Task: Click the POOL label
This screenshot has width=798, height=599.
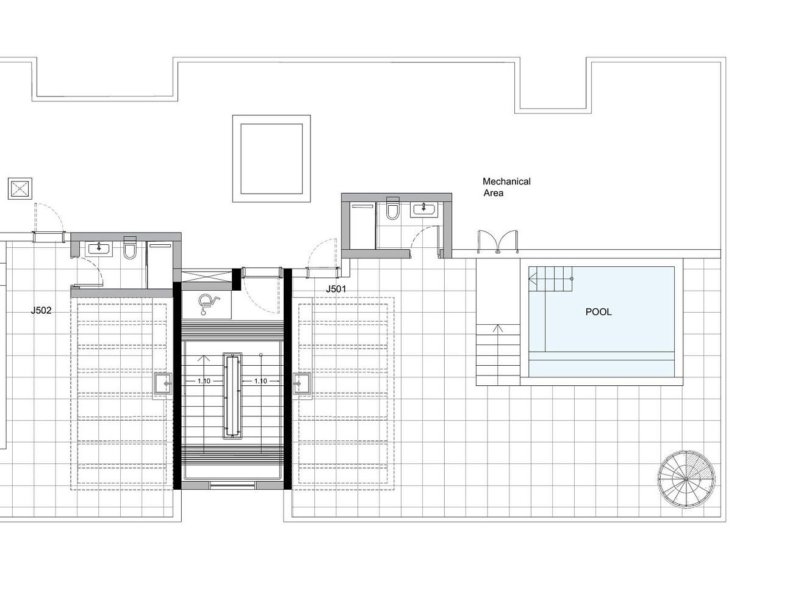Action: pyautogui.click(x=598, y=311)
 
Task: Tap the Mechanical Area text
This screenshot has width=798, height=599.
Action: pyautogui.click(x=506, y=187)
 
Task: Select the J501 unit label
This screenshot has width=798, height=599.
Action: pyautogui.click(x=336, y=289)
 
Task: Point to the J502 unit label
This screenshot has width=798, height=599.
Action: pyautogui.click(x=41, y=310)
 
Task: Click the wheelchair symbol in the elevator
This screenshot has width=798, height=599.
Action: pyautogui.click(x=207, y=305)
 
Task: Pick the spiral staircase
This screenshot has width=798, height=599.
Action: pyautogui.click(x=686, y=479)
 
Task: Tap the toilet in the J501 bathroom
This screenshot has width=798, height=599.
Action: pyautogui.click(x=392, y=209)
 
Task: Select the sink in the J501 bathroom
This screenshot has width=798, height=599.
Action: pyautogui.click(x=423, y=210)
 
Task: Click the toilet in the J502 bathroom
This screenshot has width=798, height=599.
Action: pyautogui.click(x=130, y=248)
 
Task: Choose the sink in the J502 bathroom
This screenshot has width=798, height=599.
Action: pyautogui.click(x=98, y=249)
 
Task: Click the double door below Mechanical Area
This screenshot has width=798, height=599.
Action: pyautogui.click(x=498, y=241)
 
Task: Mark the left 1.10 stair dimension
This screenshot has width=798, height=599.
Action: pyautogui.click(x=204, y=381)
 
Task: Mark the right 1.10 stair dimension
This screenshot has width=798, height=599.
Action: pyautogui.click(x=261, y=381)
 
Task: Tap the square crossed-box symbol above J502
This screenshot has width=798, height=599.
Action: pyautogui.click(x=20, y=189)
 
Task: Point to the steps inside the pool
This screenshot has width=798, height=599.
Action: pyautogui.click(x=550, y=279)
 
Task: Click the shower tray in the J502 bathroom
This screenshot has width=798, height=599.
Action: pyautogui.click(x=159, y=264)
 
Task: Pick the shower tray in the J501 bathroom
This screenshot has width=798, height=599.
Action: pyautogui.click(x=363, y=226)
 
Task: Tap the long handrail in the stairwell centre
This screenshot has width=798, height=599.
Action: pyautogui.click(x=232, y=396)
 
